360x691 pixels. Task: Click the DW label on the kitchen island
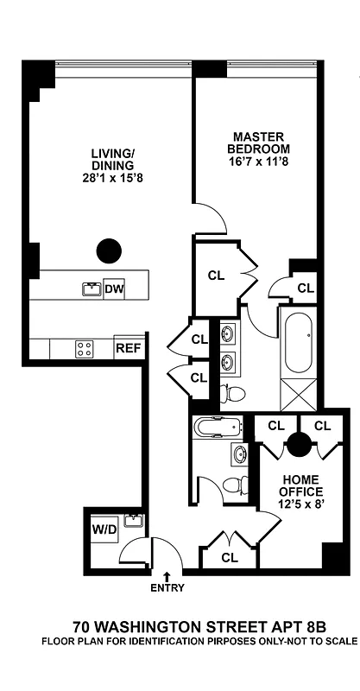pyautogui.click(x=114, y=289)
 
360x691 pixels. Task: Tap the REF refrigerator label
pyautogui.click(x=127, y=349)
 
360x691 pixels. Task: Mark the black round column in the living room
pyautogui.click(x=109, y=251)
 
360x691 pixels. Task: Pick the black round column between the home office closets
pyautogui.click(x=299, y=445)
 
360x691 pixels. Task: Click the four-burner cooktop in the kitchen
pyautogui.click(x=85, y=349)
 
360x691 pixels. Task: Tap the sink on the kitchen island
pyautogui.click(x=90, y=288)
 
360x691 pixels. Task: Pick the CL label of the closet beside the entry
pyautogui.click(x=229, y=558)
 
